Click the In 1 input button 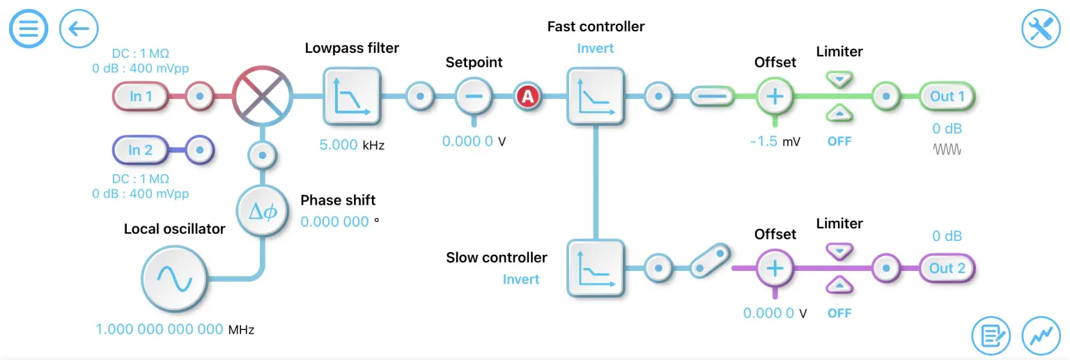point(141,97)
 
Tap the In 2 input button point(141,150)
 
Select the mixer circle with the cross point(261,97)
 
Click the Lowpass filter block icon point(352,97)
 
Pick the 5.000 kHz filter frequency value point(339,146)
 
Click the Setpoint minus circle point(474,97)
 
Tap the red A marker point(527,97)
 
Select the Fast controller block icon point(596,97)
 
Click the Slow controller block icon point(596,268)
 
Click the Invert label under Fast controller point(596,49)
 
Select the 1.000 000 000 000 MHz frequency point(160,329)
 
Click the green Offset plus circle point(775,97)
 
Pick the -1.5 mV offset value point(764,141)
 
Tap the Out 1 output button point(947,97)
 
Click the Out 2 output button point(947,268)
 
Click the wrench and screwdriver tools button point(1041,29)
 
